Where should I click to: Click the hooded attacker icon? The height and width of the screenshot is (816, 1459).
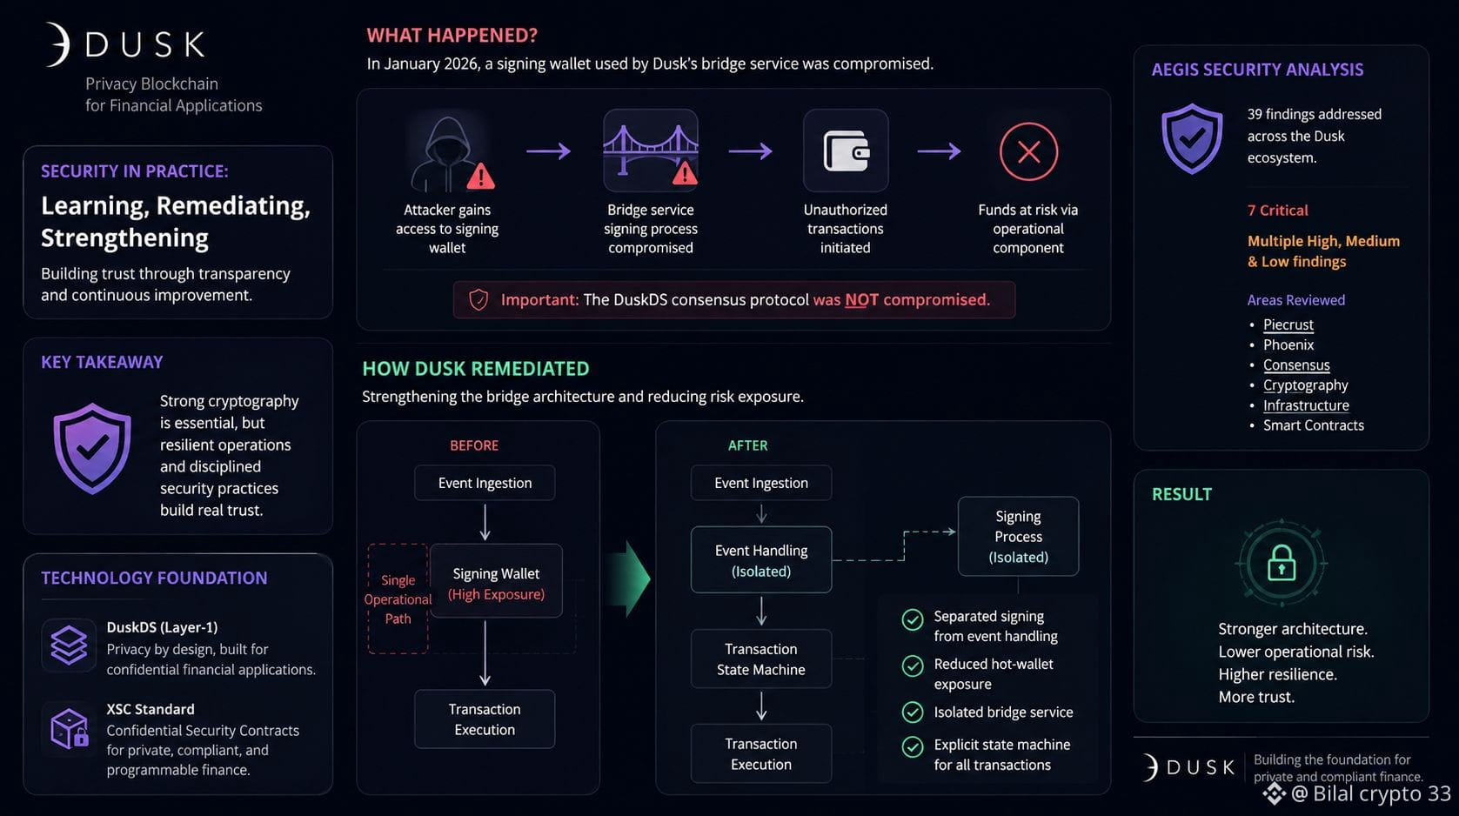447,154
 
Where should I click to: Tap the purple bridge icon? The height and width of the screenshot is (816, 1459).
651,150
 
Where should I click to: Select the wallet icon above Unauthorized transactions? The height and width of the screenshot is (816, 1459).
846,150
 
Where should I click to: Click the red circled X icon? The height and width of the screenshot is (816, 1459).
1028,151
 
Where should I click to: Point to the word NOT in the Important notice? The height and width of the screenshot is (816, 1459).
861,299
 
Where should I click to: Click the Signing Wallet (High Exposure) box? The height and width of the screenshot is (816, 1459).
496,581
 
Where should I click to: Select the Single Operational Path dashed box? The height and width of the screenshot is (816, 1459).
398,599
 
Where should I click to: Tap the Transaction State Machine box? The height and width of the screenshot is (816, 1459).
760,659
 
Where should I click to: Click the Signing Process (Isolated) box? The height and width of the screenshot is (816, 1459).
1018,536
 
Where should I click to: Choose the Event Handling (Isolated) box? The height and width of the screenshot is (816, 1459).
760,560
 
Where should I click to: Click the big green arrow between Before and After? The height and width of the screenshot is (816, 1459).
628,579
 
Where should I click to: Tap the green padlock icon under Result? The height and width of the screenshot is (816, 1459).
1282,563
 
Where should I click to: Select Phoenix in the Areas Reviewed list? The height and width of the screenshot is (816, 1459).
1288,344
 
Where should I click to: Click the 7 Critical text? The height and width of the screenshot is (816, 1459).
1277,211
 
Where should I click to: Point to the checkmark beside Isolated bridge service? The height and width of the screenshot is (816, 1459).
912,712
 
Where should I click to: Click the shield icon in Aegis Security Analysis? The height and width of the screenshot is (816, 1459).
1191,138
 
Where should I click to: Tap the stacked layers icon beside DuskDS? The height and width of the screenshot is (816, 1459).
69,645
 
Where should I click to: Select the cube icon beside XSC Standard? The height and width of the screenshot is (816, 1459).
69,728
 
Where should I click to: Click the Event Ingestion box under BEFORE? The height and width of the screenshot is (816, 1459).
485,483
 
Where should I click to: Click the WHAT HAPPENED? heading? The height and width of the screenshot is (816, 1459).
452,35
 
